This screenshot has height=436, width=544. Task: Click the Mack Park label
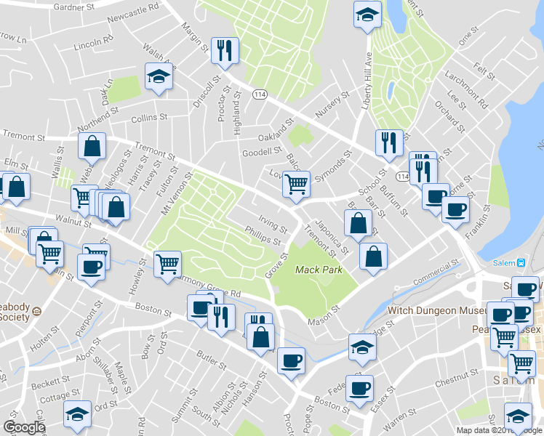tap(318, 270)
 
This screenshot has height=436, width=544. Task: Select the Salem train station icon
tap(521, 262)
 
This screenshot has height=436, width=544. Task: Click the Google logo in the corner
tap(25, 427)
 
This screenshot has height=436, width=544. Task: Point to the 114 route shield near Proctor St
tap(259, 95)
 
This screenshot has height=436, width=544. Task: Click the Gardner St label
tap(76, 7)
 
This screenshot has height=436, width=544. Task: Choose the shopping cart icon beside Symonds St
tap(296, 185)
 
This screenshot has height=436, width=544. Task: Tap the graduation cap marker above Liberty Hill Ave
tap(367, 14)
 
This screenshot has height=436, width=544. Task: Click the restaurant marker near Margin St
tap(224, 50)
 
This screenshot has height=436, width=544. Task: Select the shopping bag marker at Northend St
tap(92, 147)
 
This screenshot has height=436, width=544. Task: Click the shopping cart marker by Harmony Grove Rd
tap(167, 262)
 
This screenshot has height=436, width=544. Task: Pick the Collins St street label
tap(149, 118)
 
